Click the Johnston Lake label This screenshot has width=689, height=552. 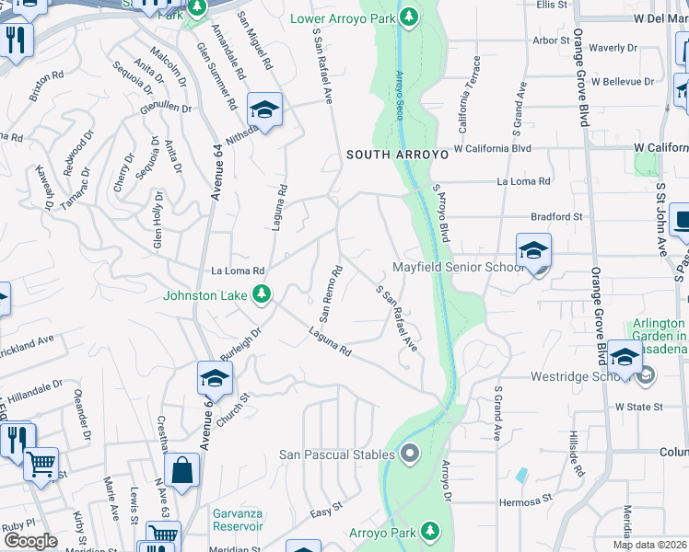point(207,295)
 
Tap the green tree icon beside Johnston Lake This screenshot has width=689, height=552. point(263,294)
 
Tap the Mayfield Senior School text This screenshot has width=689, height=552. point(459,268)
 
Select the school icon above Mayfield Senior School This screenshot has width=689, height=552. point(533,250)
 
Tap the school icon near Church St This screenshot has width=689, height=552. point(214,378)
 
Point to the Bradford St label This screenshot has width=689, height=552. point(556,217)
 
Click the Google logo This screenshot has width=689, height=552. point(30,541)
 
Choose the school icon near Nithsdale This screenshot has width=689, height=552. point(264,111)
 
